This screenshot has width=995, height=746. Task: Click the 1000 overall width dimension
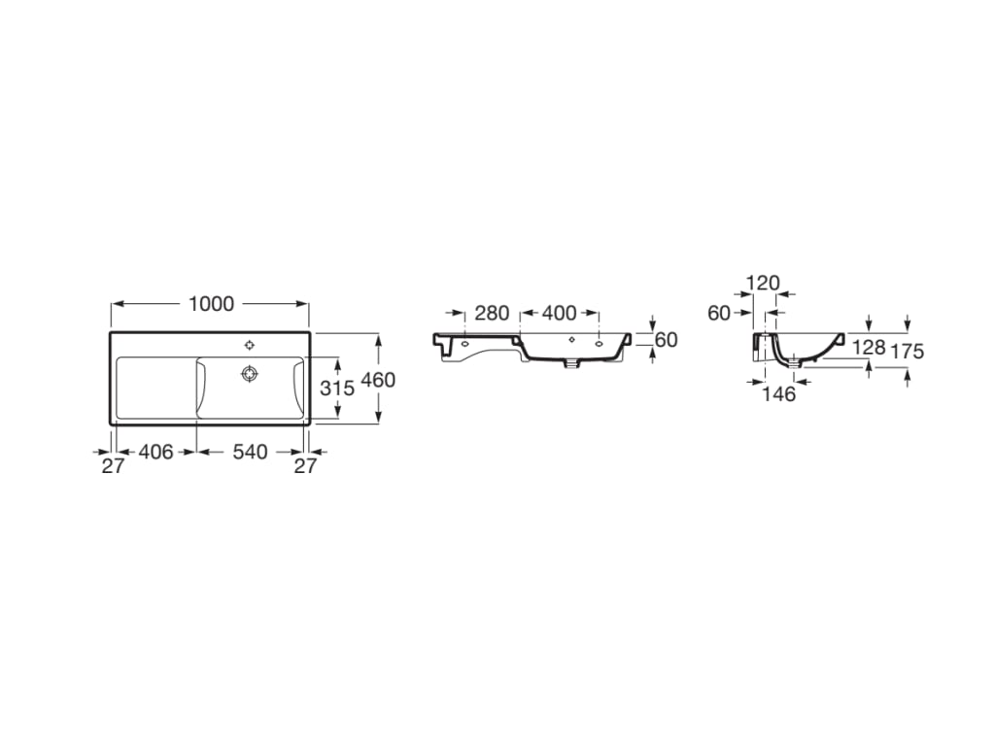(211, 304)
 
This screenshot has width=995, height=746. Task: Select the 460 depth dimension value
(378, 380)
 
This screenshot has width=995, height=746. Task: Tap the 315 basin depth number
(336, 389)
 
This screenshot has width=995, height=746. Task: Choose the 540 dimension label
(249, 452)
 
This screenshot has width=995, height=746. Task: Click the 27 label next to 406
(114, 466)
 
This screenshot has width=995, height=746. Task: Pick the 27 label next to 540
(306, 466)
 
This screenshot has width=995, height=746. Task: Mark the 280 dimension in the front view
(492, 314)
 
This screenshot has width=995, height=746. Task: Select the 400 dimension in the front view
(559, 314)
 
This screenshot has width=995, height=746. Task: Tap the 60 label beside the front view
(666, 340)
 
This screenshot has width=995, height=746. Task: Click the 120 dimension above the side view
(763, 284)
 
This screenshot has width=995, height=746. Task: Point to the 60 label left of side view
(719, 313)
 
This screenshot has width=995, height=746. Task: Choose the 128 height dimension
(868, 347)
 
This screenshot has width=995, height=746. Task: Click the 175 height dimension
(907, 352)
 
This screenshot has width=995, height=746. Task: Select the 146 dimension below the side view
(779, 393)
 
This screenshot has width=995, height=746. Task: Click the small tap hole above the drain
(250, 344)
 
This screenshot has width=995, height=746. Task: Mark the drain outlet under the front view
(572, 365)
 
